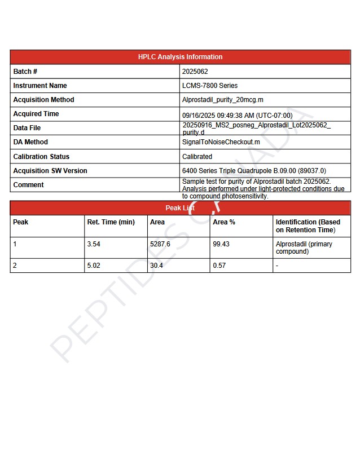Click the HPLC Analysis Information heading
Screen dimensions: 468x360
point(180,57)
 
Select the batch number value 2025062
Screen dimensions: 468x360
point(195,72)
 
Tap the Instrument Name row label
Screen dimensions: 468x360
point(40,86)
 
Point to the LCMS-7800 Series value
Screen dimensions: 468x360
point(210,86)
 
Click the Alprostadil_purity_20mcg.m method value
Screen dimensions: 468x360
point(223,100)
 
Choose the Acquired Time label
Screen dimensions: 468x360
point(36,114)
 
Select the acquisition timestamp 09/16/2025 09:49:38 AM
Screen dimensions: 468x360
point(237,115)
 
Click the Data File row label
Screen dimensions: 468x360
point(27,128)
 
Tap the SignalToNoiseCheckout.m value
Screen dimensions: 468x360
point(221,142)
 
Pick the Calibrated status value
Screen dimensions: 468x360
point(197,157)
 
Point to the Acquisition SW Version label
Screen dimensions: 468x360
point(50,171)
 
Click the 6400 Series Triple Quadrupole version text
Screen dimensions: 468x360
point(254,171)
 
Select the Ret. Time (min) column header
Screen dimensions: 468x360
point(111,222)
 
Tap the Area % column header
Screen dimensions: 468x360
point(224,222)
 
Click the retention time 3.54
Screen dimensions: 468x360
point(94,245)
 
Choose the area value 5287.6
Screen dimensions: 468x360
point(160,245)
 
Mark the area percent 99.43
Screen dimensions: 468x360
point(221,245)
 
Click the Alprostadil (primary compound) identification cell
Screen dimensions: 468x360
point(304,248)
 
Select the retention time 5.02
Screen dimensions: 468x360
point(94,266)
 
